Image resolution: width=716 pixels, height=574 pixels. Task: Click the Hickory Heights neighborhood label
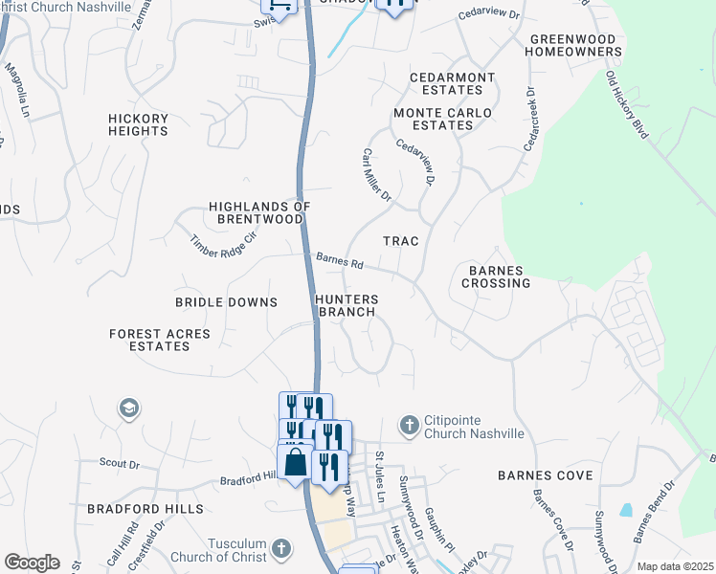click(x=138, y=125)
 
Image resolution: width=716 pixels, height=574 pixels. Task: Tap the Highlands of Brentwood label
click(x=260, y=212)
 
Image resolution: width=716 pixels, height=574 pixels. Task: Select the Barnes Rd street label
click(x=341, y=260)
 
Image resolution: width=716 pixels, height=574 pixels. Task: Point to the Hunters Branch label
click(x=347, y=305)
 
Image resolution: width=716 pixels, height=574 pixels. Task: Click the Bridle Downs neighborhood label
click(x=226, y=302)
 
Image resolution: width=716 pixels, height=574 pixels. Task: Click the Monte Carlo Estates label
click(x=442, y=119)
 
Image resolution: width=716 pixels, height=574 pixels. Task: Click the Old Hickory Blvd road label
click(x=627, y=105)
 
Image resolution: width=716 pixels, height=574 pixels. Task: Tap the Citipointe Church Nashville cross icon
click(x=409, y=424)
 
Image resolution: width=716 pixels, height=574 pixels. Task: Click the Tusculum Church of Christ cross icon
click(x=280, y=548)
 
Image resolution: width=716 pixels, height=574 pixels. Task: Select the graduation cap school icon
click(x=127, y=409)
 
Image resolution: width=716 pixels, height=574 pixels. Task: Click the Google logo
click(x=32, y=563)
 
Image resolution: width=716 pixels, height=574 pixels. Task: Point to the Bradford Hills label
click(x=145, y=508)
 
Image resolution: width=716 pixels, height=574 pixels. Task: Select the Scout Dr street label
click(x=120, y=463)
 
